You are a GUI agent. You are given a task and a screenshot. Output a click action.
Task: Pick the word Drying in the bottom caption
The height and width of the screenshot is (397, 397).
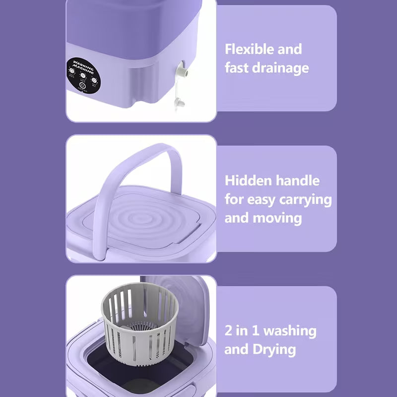point(274,349)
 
